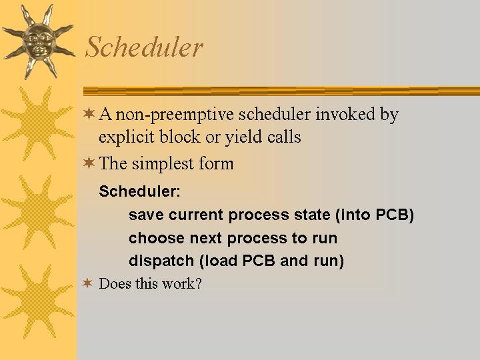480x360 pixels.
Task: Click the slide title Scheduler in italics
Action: [144, 47]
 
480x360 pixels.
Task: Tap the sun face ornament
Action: [39, 41]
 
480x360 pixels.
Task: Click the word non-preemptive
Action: [175, 115]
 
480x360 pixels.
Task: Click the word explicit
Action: [127, 137]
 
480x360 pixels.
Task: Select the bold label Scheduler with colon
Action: [139, 191]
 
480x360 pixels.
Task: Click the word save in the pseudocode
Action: [146, 215]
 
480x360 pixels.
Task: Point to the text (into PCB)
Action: [375, 215]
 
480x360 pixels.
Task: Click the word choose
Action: [157, 238]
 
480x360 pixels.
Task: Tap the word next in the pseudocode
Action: [205, 238]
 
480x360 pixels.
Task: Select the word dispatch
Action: [161, 261]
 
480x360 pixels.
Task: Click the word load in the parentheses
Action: [221, 261]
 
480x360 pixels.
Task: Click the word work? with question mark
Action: [182, 283]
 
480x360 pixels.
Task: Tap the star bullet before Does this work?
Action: [87, 283]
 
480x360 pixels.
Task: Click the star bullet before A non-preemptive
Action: [89, 113]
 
